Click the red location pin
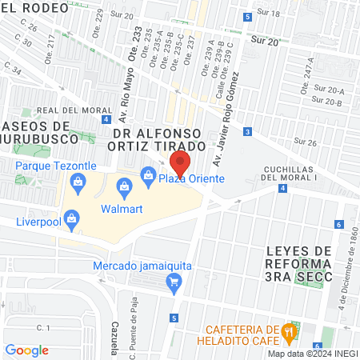(x=180, y=163)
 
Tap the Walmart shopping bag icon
(x=124, y=188)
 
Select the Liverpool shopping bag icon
(x=72, y=218)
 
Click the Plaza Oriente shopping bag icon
(x=148, y=174)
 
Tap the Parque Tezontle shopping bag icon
(x=78, y=181)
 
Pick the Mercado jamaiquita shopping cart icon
(x=173, y=281)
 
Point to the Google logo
(x=27, y=350)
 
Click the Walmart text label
(x=122, y=209)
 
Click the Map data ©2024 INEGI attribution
(x=312, y=354)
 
